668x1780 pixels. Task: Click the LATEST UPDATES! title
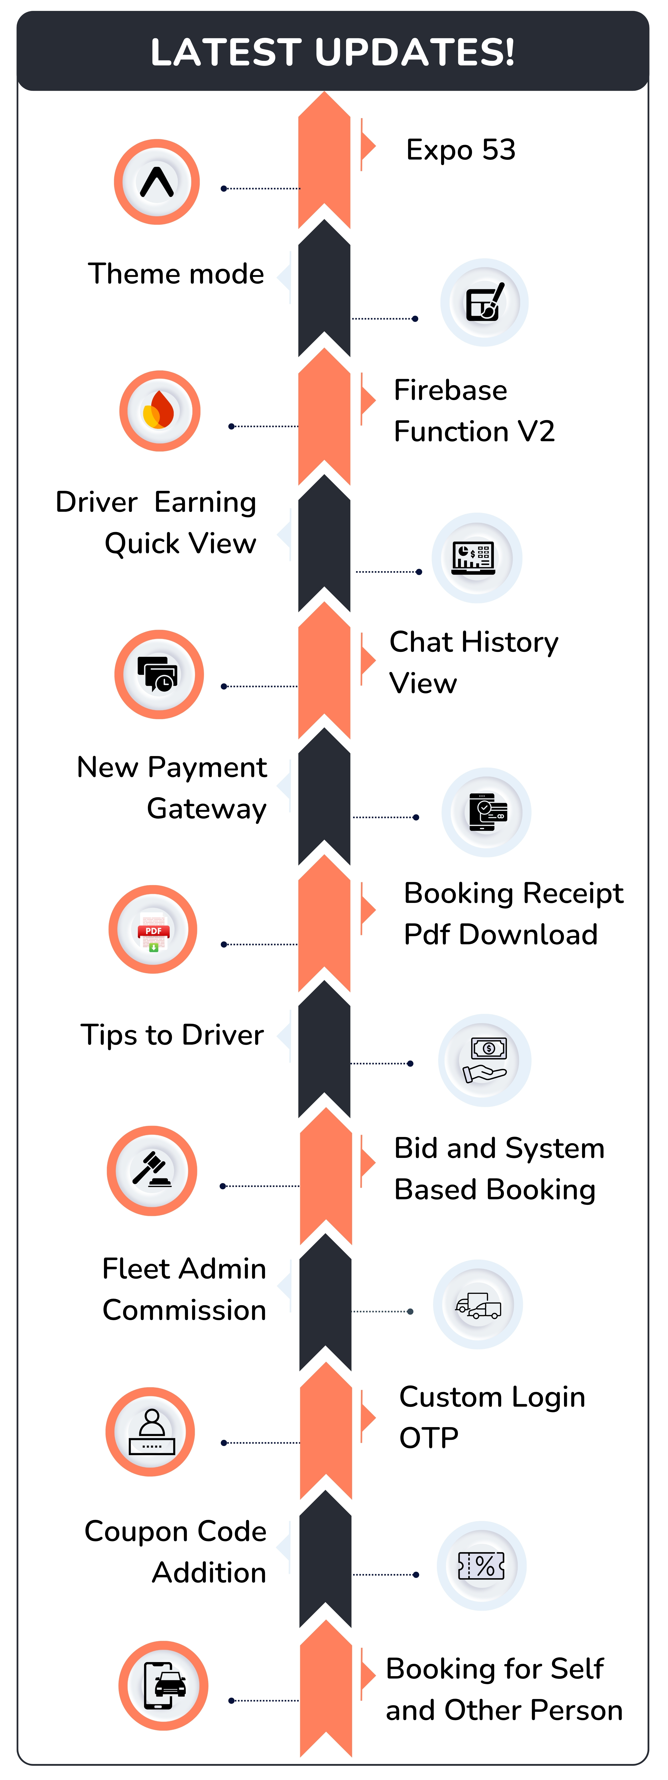point(333,52)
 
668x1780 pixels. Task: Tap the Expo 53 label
point(460,150)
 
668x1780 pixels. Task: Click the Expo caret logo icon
point(157,182)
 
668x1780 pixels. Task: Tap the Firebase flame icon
point(160,411)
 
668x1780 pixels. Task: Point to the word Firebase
point(450,390)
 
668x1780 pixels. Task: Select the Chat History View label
point(474,662)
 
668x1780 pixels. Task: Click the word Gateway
point(207,809)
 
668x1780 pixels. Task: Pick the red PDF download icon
point(153,929)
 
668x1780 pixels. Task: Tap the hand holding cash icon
point(485,1060)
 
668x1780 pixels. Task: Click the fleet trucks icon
point(478,1305)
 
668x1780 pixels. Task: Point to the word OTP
point(429,1438)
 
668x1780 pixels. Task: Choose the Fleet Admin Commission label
point(184,1289)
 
